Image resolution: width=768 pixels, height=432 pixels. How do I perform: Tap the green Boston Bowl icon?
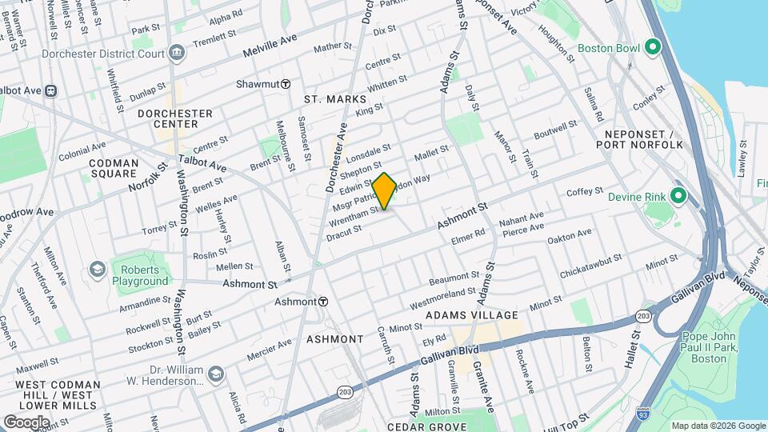click(654, 47)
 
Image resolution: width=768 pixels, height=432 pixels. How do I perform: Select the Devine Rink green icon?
click(678, 196)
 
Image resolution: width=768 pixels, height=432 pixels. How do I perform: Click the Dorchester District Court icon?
click(177, 54)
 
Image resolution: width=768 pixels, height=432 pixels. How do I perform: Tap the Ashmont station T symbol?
click(323, 302)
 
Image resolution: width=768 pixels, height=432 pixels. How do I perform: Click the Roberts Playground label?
click(140, 275)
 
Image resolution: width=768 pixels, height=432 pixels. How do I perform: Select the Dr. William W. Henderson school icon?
click(216, 374)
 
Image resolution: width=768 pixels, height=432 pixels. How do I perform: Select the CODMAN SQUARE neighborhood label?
click(114, 168)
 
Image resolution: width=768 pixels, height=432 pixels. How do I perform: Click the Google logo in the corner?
click(27, 422)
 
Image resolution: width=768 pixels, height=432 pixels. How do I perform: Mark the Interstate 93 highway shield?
click(642, 414)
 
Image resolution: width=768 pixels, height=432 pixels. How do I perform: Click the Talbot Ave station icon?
click(51, 91)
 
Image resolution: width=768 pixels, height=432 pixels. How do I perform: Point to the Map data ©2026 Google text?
click(718, 426)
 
